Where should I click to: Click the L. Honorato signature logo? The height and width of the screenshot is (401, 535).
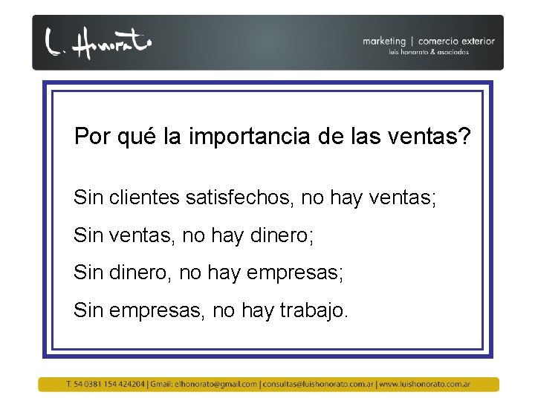[x=97, y=43]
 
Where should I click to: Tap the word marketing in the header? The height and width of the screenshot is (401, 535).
[x=384, y=42]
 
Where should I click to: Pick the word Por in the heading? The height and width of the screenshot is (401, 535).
[x=91, y=137]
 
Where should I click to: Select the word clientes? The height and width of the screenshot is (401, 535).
[x=145, y=198]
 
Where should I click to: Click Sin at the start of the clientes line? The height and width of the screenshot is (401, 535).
[x=88, y=198]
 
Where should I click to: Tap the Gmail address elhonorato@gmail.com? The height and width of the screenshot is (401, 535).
[x=215, y=385]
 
